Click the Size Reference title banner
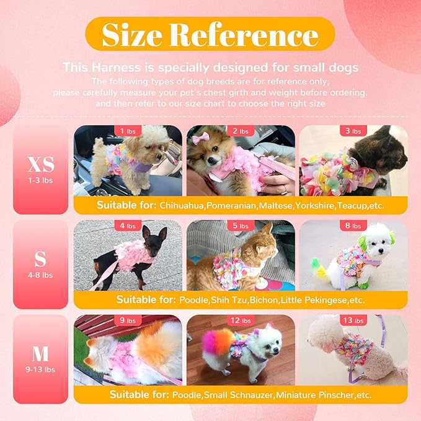(210, 33)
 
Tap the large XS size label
(40, 164)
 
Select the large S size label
(40, 257)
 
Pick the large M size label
(40, 353)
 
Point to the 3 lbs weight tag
(352, 131)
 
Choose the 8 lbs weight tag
(352, 226)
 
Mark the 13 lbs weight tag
(352, 321)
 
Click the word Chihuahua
(181, 205)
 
